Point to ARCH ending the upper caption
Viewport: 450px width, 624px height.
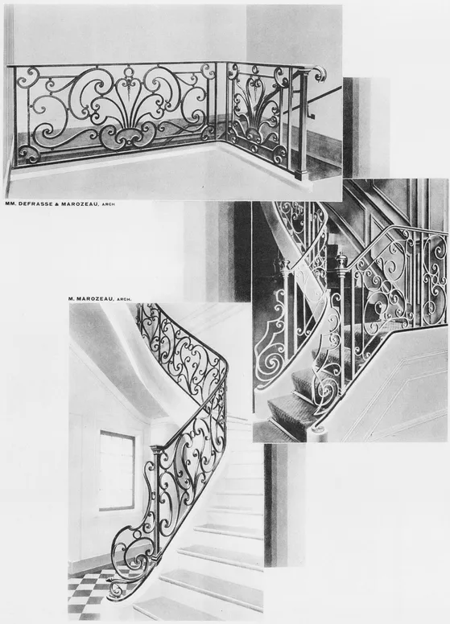click(x=109, y=204)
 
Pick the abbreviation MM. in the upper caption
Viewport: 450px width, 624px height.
click(x=10, y=204)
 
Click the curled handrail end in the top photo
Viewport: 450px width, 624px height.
click(x=319, y=73)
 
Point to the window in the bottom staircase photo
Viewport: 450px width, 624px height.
click(x=118, y=470)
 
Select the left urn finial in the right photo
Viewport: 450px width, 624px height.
click(x=285, y=265)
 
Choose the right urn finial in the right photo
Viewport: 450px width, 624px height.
click(x=341, y=262)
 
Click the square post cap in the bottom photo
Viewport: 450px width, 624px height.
click(x=155, y=449)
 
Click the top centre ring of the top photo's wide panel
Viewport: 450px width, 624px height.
click(x=129, y=72)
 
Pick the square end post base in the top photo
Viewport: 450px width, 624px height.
click(x=300, y=174)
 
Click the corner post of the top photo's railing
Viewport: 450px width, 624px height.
click(x=221, y=105)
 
